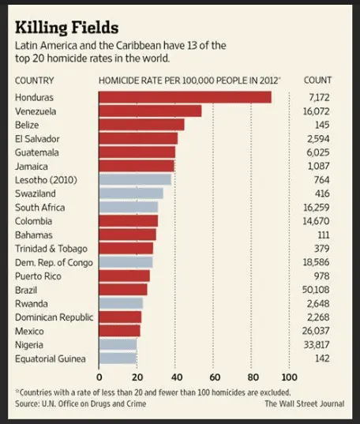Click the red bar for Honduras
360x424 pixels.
point(185,97)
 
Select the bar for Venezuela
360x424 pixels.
point(150,111)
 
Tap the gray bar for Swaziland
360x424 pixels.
point(131,193)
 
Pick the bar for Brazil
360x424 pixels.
point(123,289)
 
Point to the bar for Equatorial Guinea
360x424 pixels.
point(118,358)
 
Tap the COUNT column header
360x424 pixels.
point(318,81)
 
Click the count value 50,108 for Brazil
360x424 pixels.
point(317,289)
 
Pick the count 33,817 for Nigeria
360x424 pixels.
point(317,344)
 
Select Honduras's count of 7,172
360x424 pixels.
point(319,97)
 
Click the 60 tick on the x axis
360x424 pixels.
point(213,376)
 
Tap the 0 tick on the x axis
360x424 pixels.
point(99,376)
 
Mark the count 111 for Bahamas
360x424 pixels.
point(323,235)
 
